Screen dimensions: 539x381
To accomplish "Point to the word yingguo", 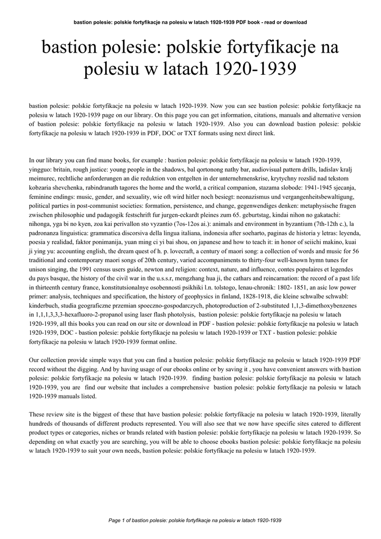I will pyautogui.click(x=42, y=168).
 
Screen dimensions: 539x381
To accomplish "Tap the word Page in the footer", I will pyautogui.click(x=114, y=521).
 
